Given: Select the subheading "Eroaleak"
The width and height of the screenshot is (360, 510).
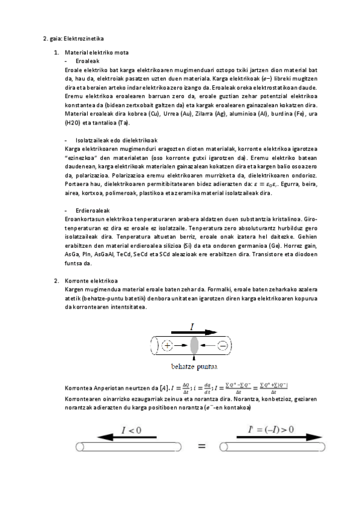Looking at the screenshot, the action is tap(88, 61).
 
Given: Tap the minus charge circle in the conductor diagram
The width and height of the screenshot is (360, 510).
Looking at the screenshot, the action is tap(222, 345).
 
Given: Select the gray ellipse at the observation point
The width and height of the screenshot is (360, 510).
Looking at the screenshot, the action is tap(194, 345).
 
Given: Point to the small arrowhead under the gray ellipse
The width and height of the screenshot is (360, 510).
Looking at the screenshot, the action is tap(194, 357).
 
